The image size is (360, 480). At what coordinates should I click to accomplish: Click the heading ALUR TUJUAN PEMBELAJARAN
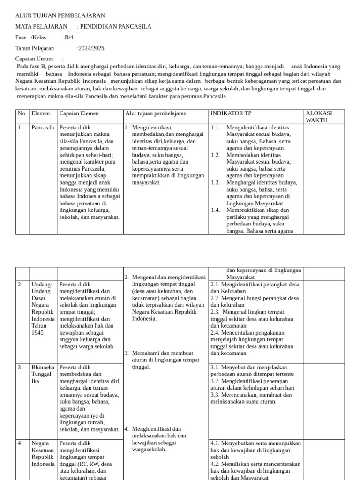click(x=60, y=16)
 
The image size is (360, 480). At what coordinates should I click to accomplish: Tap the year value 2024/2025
click(x=90, y=48)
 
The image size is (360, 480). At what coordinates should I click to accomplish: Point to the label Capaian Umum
click(x=34, y=59)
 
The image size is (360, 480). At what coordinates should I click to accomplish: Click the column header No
click(x=22, y=113)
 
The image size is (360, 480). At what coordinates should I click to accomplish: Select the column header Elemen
click(x=40, y=113)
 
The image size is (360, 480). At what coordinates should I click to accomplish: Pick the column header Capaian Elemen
click(x=79, y=113)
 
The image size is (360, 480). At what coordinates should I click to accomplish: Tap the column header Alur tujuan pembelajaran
click(x=156, y=113)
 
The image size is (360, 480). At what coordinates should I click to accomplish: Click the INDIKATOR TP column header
click(x=233, y=113)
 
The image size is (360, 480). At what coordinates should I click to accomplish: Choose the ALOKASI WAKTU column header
click(x=319, y=117)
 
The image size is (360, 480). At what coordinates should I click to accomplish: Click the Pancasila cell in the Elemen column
click(x=43, y=127)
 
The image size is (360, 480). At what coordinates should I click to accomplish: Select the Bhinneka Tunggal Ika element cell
click(x=43, y=374)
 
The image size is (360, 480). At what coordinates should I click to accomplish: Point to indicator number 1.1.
click(x=215, y=127)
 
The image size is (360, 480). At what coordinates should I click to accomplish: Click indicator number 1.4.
click(x=215, y=210)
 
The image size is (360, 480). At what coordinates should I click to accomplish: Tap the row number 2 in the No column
click(x=20, y=285)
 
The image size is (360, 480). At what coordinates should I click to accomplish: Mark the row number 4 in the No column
click(x=20, y=443)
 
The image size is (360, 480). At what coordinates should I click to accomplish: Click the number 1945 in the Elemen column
click(x=38, y=333)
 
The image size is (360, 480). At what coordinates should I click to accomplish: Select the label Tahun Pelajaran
click(x=35, y=48)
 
